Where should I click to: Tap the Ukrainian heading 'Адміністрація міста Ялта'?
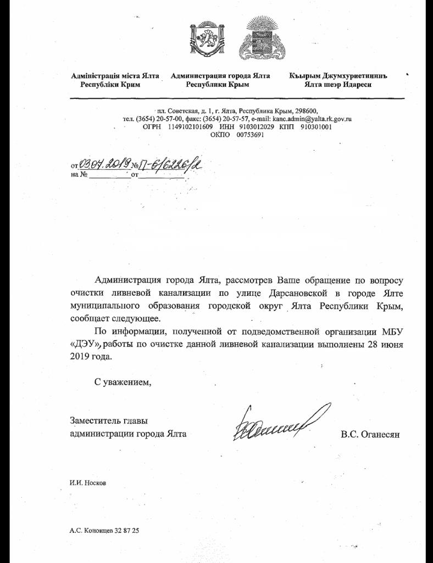click(x=115, y=76)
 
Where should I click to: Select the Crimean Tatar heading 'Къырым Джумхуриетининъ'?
click(x=338, y=76)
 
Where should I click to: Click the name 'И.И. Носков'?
click(x=88, y=483)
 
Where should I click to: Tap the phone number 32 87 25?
click(x=127, y=531)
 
